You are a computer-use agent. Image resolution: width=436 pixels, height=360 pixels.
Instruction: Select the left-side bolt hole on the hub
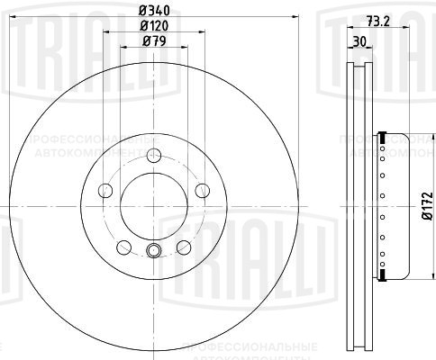(104, 190)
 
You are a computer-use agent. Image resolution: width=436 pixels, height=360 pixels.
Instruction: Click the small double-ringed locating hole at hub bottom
(152, 251)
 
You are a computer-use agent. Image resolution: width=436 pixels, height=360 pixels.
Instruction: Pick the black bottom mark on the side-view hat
(383, 275)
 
